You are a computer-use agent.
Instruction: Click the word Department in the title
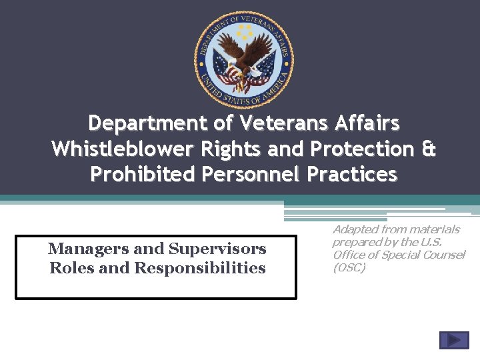pyautogui.click(x=139, y=123)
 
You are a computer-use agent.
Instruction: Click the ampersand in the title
pyautogui.click(x=429, y=149)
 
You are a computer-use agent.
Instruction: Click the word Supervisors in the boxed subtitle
pyautogui.click(x=217, y=249)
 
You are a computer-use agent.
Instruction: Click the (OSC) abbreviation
pyautogui.click(x=349, y=268)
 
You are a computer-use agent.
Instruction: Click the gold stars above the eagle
pyautogui.click(x=245, y=31)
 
